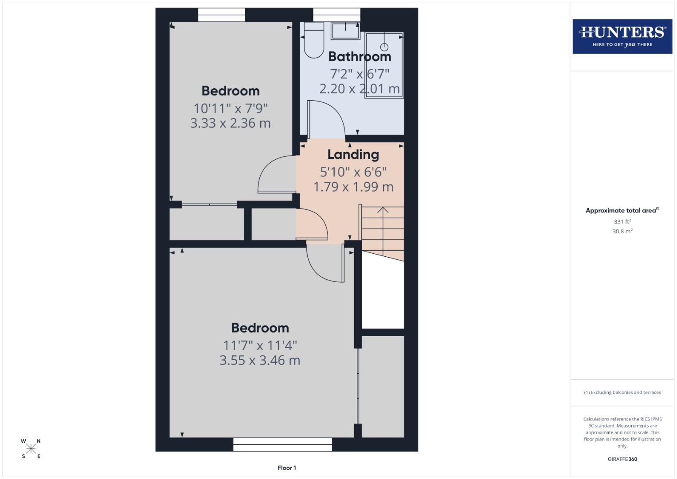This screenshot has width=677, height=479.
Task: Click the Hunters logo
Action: pyautogui.click(x=622, y=36)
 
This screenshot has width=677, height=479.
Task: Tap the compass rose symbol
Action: pyautogui.click(x=31, y=448)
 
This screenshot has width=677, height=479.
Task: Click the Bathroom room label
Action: pyautogui.click(x=360, y=57)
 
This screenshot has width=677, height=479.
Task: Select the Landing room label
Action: pyautogui.click(x=353, y=154)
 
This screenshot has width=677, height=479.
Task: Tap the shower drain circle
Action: pyautogui.click(x=384, y=47)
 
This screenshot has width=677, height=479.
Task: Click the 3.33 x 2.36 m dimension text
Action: pyautogui.click(x=230, y=123)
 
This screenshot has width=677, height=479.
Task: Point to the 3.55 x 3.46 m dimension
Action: pyautogui.click(x=260, y=360)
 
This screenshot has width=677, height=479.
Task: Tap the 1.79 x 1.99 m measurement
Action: pyautogui.click(x=353, y=187)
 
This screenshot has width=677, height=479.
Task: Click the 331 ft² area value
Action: pyautogui.click(x=622, y=222)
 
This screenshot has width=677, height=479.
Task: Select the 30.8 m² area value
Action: pyautogui.click(x=622, y=231)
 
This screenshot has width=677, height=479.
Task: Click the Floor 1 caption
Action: pyautogui.click(x=286, y=468)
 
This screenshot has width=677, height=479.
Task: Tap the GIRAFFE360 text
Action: pyautogui.click(x=622, y=459)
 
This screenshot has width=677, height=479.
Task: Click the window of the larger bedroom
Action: pyautogui.click(x=282, y=444)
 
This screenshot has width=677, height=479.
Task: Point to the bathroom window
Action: pyautogui.click(x=337, y=15)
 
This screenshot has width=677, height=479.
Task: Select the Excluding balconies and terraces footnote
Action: pyautogui.click(x=622, y=393)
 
